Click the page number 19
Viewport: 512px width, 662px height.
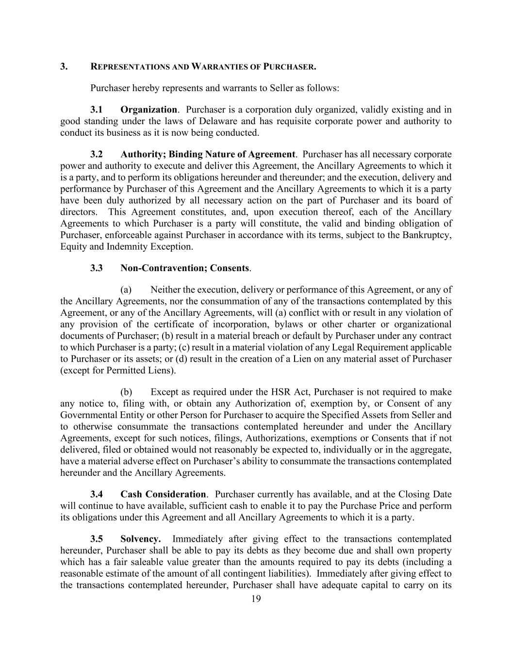[256, 599]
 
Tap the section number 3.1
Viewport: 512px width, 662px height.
[97, 110]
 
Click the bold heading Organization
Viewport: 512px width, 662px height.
[149, 110]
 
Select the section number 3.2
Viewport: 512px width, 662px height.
[97, 154]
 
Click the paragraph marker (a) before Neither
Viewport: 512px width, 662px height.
[126, 290]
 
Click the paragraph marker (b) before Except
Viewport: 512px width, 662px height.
[126, 392]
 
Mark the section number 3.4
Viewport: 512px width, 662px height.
[97, 494]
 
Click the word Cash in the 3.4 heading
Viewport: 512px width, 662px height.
[131, 494]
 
